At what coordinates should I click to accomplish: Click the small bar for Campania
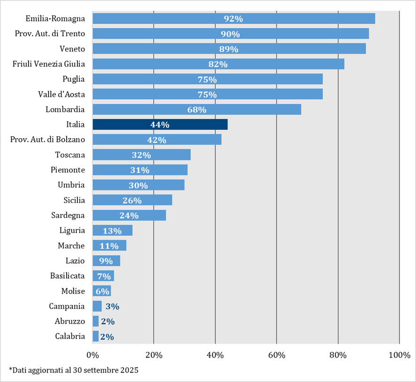pos(97,306)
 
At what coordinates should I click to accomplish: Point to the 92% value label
pos(233,19)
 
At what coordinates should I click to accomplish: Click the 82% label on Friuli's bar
pos(218,64)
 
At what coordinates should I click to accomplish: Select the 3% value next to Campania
pos(112,307)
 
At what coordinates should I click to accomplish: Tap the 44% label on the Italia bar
pos(160,125)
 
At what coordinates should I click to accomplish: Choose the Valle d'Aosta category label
pos(62,94)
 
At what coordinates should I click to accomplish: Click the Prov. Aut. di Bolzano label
pos(47,140)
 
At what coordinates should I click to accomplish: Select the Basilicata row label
pos(68,276)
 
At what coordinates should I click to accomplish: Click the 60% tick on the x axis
pos(277,355)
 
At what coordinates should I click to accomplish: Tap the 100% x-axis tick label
pos(399,355)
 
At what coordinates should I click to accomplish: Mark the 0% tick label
pos(92,355)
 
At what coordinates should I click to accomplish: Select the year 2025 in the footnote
pos(128,370)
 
